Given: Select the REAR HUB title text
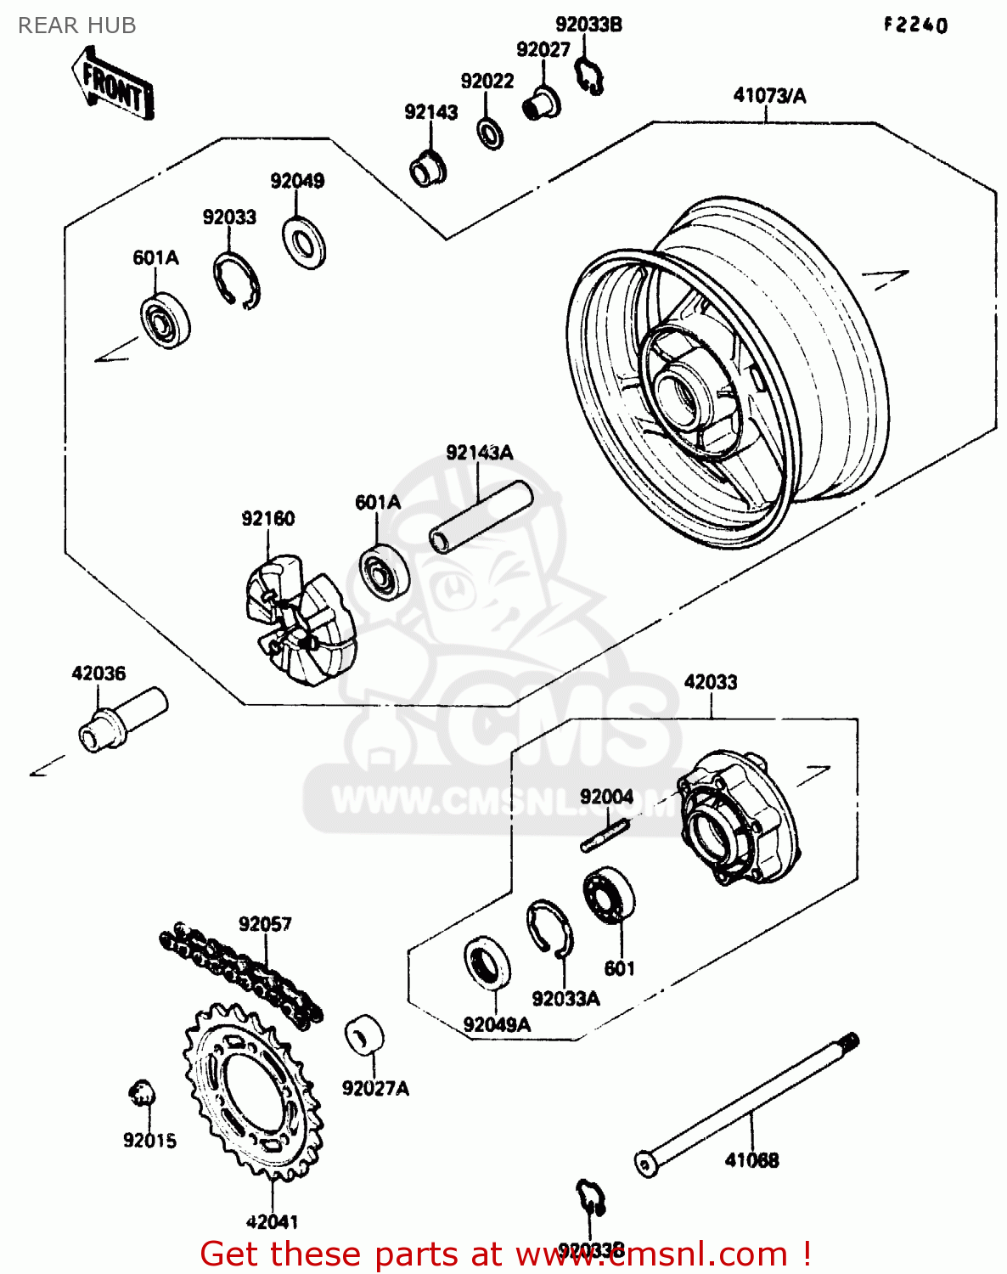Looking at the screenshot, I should [x=76, y=26].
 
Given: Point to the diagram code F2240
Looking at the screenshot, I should [x=915, y=25].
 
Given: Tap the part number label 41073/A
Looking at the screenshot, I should [x=769, y=96].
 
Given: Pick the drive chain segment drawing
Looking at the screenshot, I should [x=242, y=972].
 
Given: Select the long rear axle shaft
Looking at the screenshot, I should [x=747, y=1105].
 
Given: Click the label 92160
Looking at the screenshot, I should [x=267, y=519].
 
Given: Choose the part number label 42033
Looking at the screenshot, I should [x=711, y=682].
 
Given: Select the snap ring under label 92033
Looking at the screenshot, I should [x=235, y=281].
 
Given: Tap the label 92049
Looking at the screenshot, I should [x=297, y=181].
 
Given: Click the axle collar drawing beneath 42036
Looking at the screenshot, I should [x=122, y=720].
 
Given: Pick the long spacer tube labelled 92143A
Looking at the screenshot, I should [x=480, y=518].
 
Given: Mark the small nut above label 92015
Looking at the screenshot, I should [x=142, y=1093].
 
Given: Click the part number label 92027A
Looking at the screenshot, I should [x=375, y=1088].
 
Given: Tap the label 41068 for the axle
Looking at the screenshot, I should [x=751, y=1160].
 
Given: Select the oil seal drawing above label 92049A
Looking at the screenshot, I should [x=487, y=962].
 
